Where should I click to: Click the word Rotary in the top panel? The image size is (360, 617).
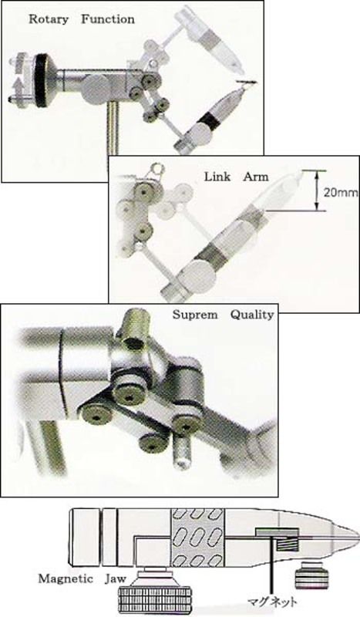point(49,19)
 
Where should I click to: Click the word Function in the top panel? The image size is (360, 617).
point(108,19)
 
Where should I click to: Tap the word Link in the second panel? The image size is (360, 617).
point(217,177)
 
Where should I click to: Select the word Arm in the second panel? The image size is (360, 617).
point(256,177)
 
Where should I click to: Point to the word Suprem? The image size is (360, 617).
point(195,315)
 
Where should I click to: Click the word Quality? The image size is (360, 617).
point(252,315)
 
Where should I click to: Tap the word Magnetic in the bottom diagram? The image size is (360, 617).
point(66,579)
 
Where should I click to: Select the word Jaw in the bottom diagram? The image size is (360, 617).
point(116,579)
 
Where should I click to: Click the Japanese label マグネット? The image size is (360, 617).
point(272,602)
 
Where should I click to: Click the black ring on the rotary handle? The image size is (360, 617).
point(40,80)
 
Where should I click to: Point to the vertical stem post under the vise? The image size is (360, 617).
point(113,129)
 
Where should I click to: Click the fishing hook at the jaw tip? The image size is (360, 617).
point(247,82)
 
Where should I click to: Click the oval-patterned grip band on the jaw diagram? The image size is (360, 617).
point(198,538)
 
